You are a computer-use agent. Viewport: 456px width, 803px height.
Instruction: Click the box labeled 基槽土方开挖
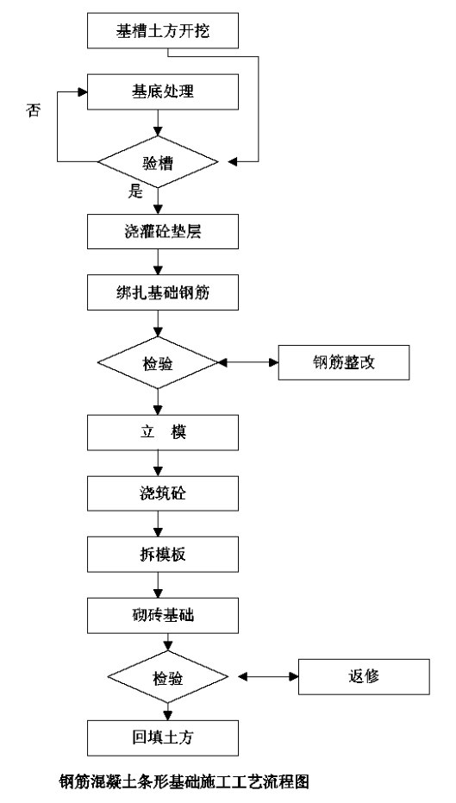[163, 31]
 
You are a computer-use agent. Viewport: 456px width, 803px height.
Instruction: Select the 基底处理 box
[163, 91]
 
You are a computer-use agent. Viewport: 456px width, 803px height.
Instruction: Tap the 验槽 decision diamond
[158, 162]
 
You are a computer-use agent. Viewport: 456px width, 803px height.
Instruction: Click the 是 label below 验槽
[135, 192]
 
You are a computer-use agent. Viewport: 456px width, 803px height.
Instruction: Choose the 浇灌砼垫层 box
[163, 231]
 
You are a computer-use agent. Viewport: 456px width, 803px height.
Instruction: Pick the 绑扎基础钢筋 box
[163, 292]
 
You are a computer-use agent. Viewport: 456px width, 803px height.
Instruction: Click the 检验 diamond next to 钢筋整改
[158, 362]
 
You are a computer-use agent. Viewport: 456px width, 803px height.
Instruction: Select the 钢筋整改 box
[344, 362]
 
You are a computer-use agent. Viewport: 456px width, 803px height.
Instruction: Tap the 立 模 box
[163, 433]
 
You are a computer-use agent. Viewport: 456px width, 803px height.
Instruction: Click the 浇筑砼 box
[163, 493]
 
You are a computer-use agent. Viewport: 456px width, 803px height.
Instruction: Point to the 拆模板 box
[163, 554]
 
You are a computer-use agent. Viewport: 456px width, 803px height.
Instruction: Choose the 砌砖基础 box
[163, 615]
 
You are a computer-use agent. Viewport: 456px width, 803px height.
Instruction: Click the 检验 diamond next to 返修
[167, 677]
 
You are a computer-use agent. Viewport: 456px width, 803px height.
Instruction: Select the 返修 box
[364, 677]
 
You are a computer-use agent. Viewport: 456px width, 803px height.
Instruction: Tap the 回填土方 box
[163, 738]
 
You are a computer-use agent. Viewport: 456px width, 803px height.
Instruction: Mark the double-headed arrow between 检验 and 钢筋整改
[248, 362]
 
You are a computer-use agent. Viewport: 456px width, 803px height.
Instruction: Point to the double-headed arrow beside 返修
[268, 677]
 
